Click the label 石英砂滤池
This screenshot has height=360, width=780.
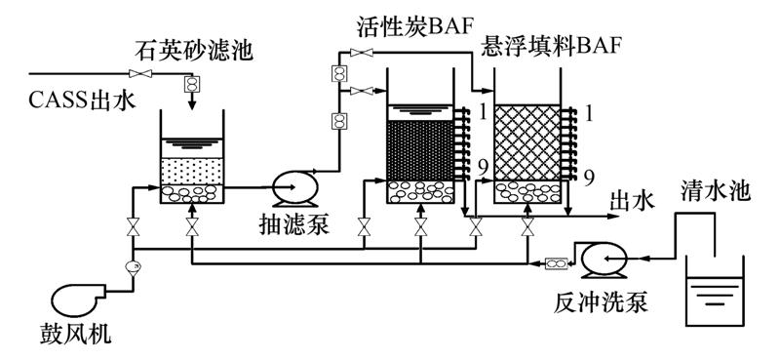point(194,51)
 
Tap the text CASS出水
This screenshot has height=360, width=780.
point(82,101)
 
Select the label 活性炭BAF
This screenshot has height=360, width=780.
point(413,28)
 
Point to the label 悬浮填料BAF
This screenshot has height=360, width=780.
point(551,46)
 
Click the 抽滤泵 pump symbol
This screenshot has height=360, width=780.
point(295,187)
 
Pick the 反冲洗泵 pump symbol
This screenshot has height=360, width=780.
point(602,259)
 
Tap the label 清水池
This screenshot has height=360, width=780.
point(716,191)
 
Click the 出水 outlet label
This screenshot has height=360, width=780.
point(632,203)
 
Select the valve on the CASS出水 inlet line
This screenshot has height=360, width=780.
point(140,74)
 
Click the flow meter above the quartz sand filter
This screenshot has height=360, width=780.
point(191,84)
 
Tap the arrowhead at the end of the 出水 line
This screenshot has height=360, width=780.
point(615,217)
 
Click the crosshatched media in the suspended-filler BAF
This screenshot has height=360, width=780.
point(527,142)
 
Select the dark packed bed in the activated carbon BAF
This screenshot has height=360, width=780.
point(420,150)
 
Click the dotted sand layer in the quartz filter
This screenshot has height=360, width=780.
point(192,172)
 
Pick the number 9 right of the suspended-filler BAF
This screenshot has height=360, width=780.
point(589,179)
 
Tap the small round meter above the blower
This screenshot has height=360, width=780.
point(134,267)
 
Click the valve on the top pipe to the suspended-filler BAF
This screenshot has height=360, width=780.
point(362,53)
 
